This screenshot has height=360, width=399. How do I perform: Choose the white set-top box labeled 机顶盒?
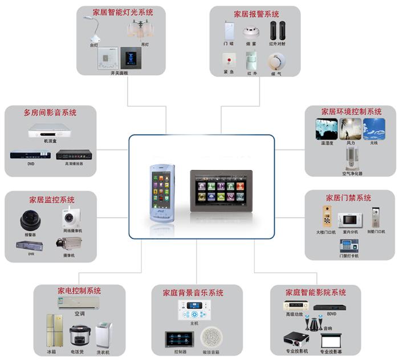click(x=51, y=131)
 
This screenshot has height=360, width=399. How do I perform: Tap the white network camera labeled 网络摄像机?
click(x=71, y=217)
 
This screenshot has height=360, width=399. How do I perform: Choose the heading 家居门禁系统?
click(x=348, y=198)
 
